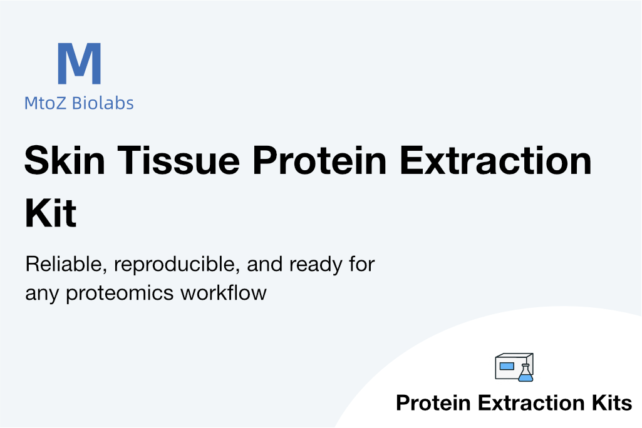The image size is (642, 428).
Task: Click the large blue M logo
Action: click(80, 63)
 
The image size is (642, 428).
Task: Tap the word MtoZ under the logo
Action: click(45, 103)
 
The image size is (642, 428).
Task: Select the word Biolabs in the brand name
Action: click(103, 103)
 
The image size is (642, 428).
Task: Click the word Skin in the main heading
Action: click(65, 160)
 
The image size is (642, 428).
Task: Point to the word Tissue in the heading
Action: click(179, 160)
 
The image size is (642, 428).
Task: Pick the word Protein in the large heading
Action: click(319, 160)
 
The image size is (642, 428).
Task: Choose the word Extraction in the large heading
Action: click(495, 160)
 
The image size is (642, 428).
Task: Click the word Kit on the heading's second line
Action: click(51, 213)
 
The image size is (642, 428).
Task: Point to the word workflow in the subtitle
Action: click(224, 293)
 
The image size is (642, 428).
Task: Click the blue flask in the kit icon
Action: click(526, 373)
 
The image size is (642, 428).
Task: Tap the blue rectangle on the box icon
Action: click(507, 366)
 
